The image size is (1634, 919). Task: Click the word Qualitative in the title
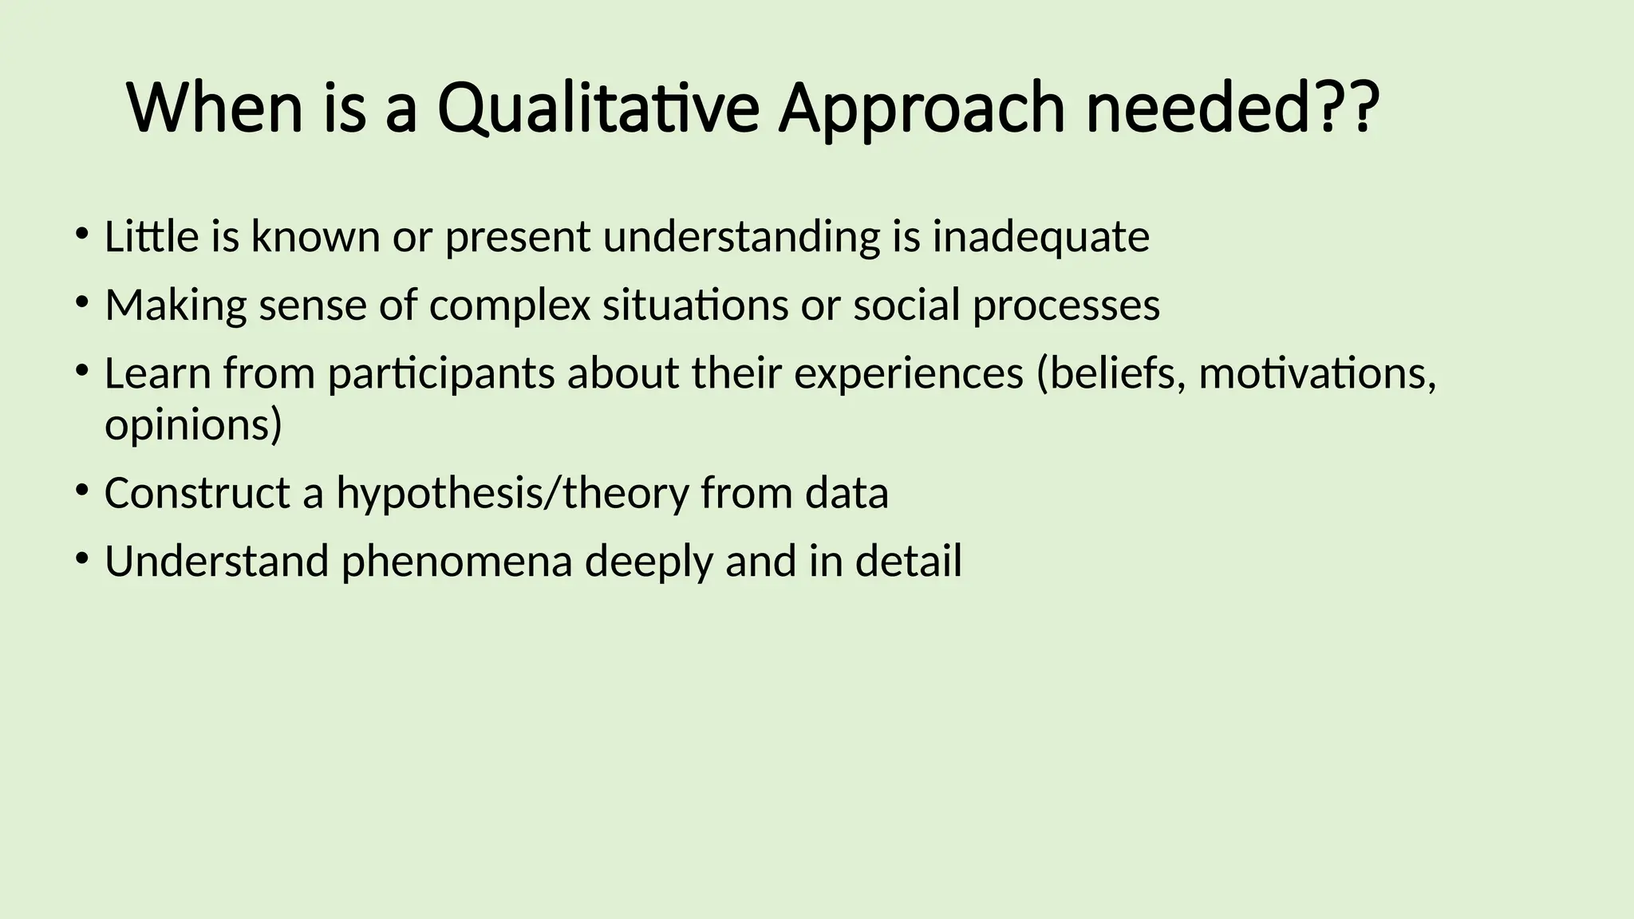[x=598, y=109]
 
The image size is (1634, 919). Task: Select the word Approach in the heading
[x=922, y=109]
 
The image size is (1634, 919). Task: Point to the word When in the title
[x=215, y=109]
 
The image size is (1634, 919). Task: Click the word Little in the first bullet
[x=152, y=237]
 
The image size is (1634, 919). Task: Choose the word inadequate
[x=1041, y=237]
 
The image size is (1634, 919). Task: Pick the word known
[x=315, y=237]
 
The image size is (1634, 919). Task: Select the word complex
[x=510, y=306]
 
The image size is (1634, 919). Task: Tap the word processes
[x=1066, y=306]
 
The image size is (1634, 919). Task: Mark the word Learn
[x=157, y=373]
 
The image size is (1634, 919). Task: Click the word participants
[x=441, y=373]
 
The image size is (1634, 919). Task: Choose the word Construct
[x=197, y=493]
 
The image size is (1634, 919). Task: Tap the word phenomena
[x=457, y=561]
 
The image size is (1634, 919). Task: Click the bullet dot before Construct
[x=81, y=490]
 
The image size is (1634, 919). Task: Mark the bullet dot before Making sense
[x=81, y=302]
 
